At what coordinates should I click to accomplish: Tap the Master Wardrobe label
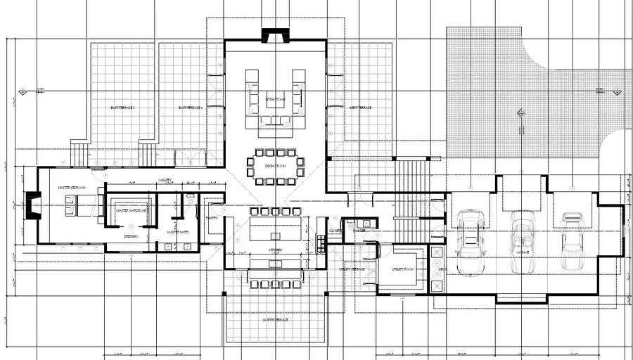[131, 210]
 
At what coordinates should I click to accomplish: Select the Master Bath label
[177, 232]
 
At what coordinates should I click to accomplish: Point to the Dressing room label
[131, 237]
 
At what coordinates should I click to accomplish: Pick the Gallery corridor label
[165, 179]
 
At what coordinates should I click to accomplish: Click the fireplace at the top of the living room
[274, 36]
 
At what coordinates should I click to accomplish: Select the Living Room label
[274, 99]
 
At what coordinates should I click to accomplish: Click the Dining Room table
[275, 166]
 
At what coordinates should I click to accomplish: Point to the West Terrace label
[360, 108]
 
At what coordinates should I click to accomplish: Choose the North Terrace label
[275, 320]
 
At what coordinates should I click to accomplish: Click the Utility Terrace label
[352, 269]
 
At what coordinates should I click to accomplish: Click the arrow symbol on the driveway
[521, 112]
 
